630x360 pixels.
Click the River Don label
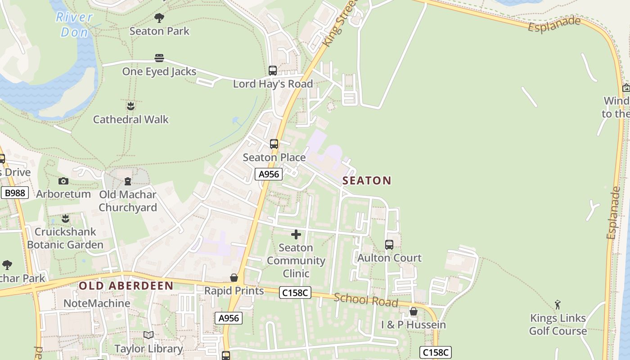(74, 24)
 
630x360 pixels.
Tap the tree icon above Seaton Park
(159, 18)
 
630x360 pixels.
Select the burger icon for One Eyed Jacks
(159, 58)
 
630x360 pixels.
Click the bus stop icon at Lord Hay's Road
(272, 71)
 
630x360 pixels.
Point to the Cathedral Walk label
(130, 119)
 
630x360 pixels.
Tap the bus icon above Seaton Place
(274, 144)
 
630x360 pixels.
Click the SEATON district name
(367, 180)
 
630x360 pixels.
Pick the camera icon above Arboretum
(63, 181)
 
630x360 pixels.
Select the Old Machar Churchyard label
(128, 201)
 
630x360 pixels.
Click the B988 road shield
(15, 193)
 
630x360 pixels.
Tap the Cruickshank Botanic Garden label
(65, 238)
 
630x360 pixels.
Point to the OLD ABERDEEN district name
(126, 286)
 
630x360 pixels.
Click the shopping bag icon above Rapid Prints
(234, 278)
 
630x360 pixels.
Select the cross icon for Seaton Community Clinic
(296, 234)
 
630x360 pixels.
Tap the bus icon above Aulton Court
(389, 245)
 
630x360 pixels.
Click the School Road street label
(366, 300)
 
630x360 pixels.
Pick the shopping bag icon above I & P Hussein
(414, 311)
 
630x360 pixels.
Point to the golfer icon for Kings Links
(558, 305)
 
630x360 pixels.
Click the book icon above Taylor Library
(148, 335)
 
